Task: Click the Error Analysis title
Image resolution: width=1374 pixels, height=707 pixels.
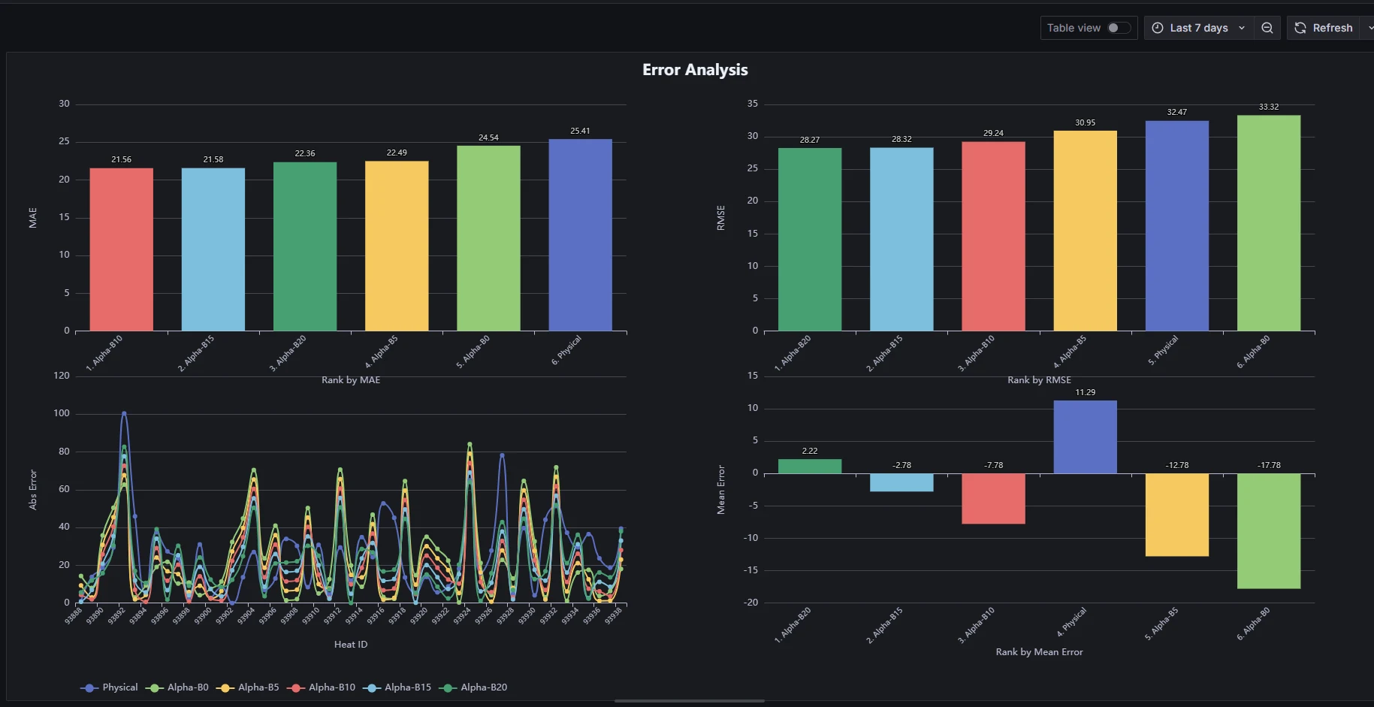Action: (x=695, y=70)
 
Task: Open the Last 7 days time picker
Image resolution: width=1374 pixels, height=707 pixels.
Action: (x=1198, y=28)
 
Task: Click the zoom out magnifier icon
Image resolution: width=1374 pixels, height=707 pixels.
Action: (x=1267, y=28)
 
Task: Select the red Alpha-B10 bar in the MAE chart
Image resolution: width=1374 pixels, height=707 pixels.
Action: (x=121, y=249)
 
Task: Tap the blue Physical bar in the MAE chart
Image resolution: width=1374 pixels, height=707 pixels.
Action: (x=580, y=234)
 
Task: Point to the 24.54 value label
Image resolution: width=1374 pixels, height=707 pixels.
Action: (x=488, y=137)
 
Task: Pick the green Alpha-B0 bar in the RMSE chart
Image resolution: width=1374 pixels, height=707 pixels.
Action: (x=1268, y=223)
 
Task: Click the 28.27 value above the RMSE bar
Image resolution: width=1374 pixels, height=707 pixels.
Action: (x=809, y=140)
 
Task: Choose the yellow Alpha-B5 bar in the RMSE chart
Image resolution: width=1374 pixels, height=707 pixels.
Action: (x=1085, y=231)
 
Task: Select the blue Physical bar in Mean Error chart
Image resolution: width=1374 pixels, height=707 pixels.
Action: (x=1085, y=437)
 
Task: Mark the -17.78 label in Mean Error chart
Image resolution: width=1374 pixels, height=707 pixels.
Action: (x=1269, y=465)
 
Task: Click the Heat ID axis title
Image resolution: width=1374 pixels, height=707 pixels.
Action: (x=351, y=645)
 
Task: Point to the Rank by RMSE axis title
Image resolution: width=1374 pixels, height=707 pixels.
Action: (x=1039, y=380)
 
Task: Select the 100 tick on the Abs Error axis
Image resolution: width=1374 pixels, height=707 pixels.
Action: (x=62, y=413)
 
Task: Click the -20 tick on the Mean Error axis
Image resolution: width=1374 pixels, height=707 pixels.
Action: (x=750, y=603)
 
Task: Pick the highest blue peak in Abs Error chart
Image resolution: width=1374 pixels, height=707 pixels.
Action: (x=124, y=413)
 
